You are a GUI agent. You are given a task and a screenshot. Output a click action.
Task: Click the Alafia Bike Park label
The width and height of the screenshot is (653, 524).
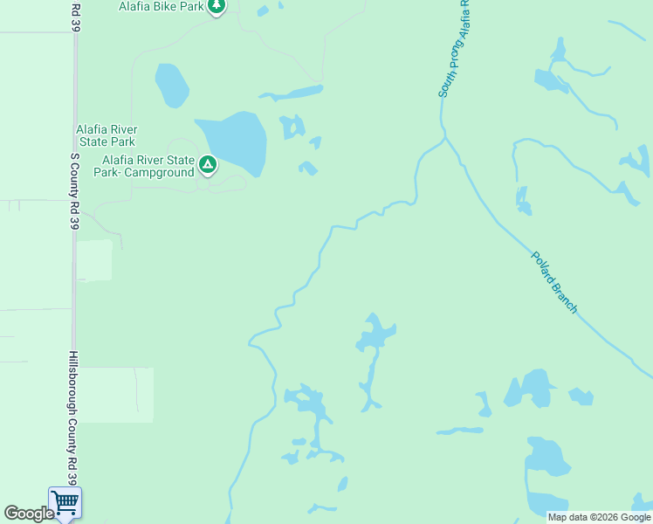(x=161, y=7)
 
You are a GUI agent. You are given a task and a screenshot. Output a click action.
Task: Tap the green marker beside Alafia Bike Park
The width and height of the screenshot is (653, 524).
(x=217, y=7)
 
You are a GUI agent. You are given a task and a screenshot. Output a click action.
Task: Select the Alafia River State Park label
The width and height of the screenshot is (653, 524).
(x=106, y=134)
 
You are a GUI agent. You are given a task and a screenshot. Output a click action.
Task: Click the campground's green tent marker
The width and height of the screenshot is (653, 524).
(x=208, y=163)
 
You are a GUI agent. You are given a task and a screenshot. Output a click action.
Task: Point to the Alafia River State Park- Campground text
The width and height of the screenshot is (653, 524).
(x=148, y=166)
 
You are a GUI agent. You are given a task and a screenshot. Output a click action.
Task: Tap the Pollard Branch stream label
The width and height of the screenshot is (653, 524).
(x=554, y=282)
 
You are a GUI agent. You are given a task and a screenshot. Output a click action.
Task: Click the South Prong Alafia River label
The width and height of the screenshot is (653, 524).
(x=454, y=48)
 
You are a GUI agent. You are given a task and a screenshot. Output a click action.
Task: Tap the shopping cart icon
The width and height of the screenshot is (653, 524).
(x=65, y=502)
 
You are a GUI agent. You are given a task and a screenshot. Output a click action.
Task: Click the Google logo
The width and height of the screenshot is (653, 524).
(x=29, y=514)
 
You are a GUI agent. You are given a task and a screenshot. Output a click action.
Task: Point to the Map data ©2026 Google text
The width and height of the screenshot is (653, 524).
(x=600, y=517)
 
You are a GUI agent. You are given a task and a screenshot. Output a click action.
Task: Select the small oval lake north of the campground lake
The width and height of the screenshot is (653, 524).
(x=172, y=85)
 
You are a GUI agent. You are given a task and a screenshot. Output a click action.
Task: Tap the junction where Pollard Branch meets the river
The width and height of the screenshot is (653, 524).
(x=445, y=137)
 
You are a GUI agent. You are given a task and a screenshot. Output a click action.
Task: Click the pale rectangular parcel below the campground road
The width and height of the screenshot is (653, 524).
(x=94, y=260)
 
